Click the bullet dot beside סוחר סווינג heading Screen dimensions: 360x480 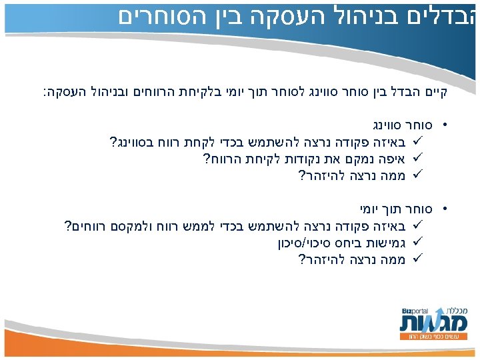pyautogui.click(x=445, y=125)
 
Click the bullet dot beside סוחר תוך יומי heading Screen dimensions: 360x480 pyautogui.click(x=445, y=209)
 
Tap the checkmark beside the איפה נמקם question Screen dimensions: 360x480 pyautogui.click(x=419, y=158)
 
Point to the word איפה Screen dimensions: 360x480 pyautogui.click(x=395, y=158)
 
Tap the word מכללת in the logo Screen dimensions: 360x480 pyautogui.click(x=448, y=310)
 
